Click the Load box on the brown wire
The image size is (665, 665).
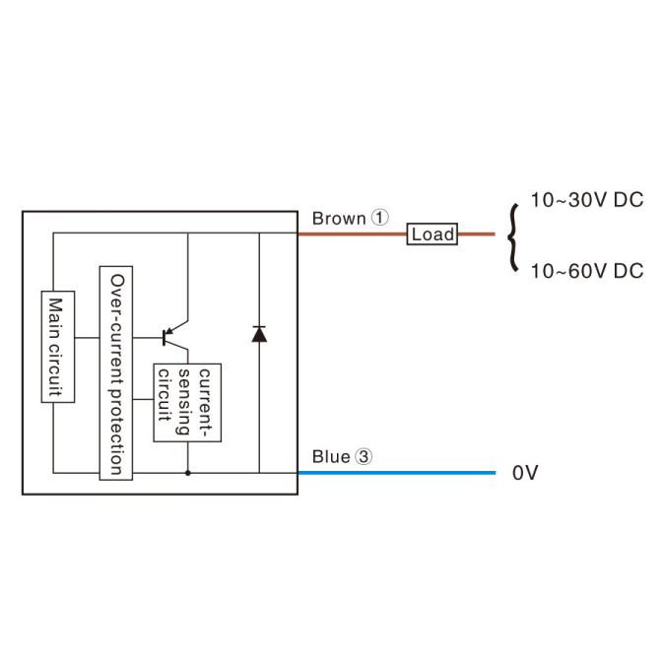pyautogui.click(x=432, y=234)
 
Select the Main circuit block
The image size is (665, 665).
pyautogui.click(x=55, y=347)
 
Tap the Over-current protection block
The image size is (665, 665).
pyautogui.click(x=116, y=373)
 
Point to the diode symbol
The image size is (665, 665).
pyautogui.click(x=259, y=333)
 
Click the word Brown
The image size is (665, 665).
pyautogui.click(x=339, y=218)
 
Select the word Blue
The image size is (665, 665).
pyautogui.click(x=331, y=457)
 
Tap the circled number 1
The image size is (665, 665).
pyautogui.click(x=381, y=218)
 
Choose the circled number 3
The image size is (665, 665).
pyautogui.click(x=365, y=457)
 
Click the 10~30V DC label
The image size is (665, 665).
pyautogui.click(x=586, y=201)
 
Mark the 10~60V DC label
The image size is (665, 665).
pyautogui.click(x=586, y=271)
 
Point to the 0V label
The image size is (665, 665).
pyautogui.click(x=525, y=474)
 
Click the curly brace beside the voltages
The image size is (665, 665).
pyautogui.click(x=511, y=236)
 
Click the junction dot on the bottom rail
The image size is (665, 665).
pyautogui.click(x=187, y=473)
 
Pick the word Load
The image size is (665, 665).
pyautogui.click(x=432, y=234)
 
